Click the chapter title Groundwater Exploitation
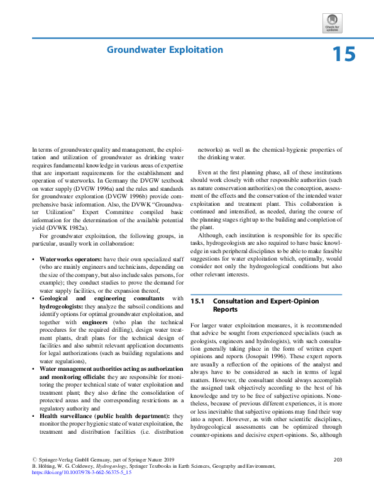click(x=165, y=50)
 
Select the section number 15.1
click(x=197, y=302)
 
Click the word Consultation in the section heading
click(x=238, y=302)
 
